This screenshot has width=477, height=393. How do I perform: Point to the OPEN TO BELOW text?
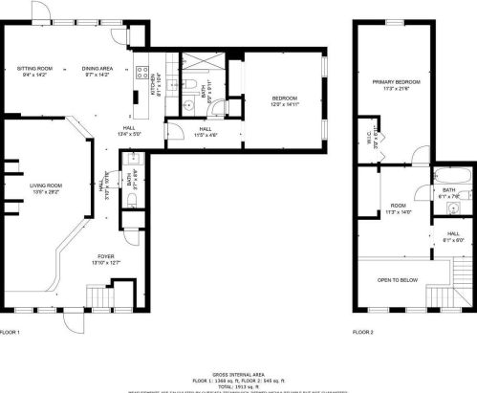(397, 280)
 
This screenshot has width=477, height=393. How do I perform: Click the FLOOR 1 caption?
(9, 332)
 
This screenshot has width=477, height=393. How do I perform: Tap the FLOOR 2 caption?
(362, 332)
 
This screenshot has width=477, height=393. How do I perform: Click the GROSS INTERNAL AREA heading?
(237, 373)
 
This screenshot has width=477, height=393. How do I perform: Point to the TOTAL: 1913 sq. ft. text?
(237, 384)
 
